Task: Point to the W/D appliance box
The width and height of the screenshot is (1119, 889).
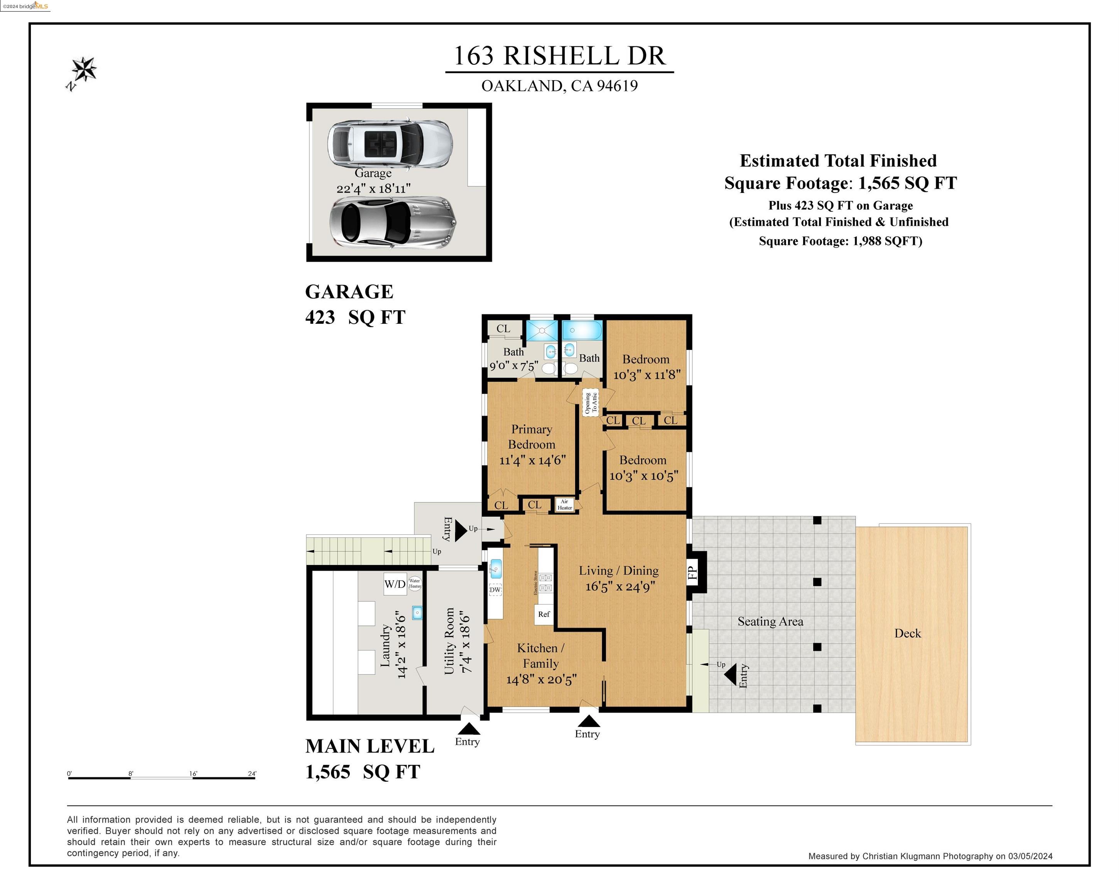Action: point(395,584)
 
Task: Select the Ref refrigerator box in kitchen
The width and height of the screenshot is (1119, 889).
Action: point(543,614)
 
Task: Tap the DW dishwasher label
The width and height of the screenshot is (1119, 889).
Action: point(495,590)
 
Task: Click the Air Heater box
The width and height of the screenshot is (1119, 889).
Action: point(565,504)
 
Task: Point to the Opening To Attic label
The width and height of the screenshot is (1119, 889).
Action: point(591,402)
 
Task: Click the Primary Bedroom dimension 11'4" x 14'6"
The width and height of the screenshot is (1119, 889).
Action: point(532,460)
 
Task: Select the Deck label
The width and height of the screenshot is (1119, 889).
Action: point(907,633)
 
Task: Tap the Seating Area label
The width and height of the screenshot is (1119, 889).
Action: point(770,621)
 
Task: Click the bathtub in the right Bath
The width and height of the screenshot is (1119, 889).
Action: point(582,330)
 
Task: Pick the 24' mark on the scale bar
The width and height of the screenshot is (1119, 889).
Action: point(252,774)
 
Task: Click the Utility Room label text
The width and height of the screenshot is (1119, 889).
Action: point(449,641)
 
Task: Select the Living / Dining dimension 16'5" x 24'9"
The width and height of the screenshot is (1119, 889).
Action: point(620,586)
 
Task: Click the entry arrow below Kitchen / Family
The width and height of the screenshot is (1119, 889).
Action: point(589,721)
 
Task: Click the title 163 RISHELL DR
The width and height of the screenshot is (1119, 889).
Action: point(559,56)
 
